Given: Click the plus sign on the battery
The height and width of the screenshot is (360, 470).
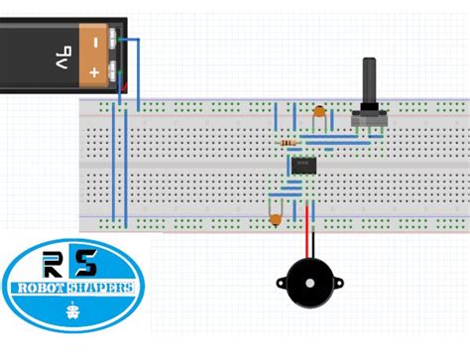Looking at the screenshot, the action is (94, 73).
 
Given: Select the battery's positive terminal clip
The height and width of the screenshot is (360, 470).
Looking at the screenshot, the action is (118, 71).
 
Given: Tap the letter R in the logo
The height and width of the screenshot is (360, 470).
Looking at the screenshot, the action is (52, 263).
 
